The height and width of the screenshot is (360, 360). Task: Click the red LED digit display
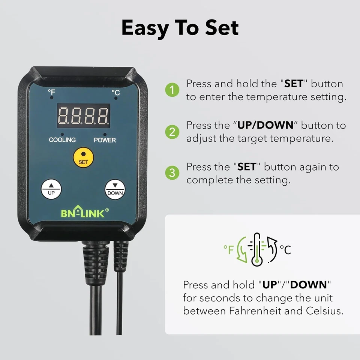tap(84, 116)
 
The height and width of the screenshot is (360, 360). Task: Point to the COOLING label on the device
tap(62, 140)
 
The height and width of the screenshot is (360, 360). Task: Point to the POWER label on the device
tap(105, 140)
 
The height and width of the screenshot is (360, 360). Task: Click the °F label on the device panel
tap(51, 92)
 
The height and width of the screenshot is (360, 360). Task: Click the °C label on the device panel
tap(115, 92)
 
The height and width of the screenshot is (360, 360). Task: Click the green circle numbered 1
tap(172, 90)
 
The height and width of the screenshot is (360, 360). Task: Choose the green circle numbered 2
tap(172, 132)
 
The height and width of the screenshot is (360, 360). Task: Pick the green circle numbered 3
tap(172, 173)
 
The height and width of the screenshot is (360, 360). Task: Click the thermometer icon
tap(256, 249)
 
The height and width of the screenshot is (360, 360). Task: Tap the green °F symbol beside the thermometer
tap(229, 249)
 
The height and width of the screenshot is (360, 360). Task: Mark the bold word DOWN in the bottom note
tap(309, 285)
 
